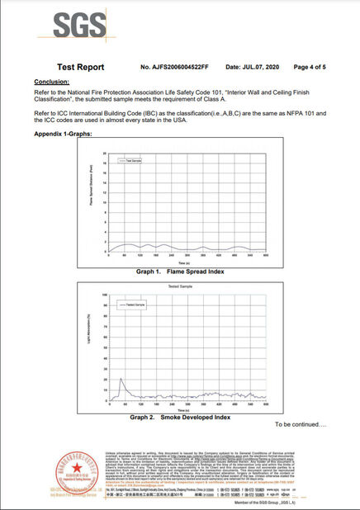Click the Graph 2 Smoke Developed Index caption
[x=180, y=418]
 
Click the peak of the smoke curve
[x=121, y=378]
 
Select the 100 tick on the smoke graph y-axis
[x=103, y=294]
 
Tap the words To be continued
[x=301, y=424]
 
